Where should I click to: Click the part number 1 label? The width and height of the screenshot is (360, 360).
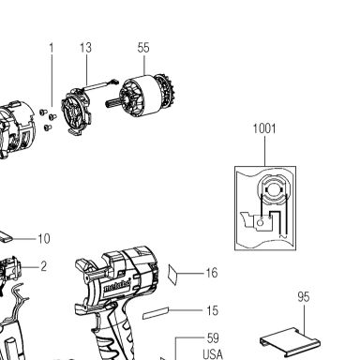[x=52, y=48]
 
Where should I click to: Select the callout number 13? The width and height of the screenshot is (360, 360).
[x=85, y=48]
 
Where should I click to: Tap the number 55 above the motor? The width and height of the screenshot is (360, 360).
[x=143, y=48]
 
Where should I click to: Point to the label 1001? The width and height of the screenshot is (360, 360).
[x=264, y=128]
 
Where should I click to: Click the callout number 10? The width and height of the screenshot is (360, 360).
[x=44, y=239]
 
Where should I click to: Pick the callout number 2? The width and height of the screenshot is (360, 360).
[x=44, y=266]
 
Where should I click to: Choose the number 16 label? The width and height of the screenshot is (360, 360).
[x=212, y=273]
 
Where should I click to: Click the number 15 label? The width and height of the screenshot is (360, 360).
[x=212, y=310]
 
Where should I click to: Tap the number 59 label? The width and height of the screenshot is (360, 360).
[x=213, y=338]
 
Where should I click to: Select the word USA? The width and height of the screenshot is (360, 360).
[x=213, y=354]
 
